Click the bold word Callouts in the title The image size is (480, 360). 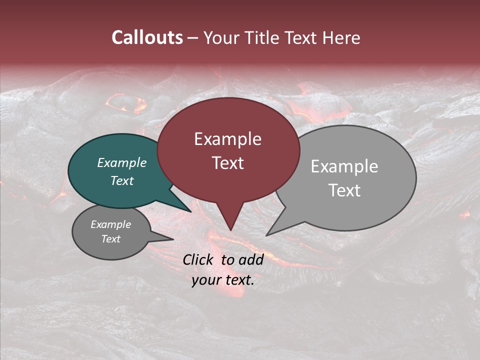(147, 37)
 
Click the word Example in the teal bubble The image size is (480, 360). (121, 162)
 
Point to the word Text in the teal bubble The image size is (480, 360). (121, 180)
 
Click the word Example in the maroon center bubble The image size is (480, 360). (227, 139)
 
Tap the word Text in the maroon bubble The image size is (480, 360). (227, 163)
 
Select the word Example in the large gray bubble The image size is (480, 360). (344, 166)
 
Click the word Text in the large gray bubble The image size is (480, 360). (344, 190)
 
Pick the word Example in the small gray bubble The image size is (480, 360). (110, 224)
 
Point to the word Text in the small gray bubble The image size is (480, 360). (110, 239)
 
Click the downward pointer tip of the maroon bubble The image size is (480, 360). (230, 230)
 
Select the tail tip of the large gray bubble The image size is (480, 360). (267, 235)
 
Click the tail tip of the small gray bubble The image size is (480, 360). (173, 239)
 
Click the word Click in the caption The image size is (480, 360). (198, 259)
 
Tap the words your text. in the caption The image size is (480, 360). (223, 280)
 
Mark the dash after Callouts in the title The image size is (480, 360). (193, 38)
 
